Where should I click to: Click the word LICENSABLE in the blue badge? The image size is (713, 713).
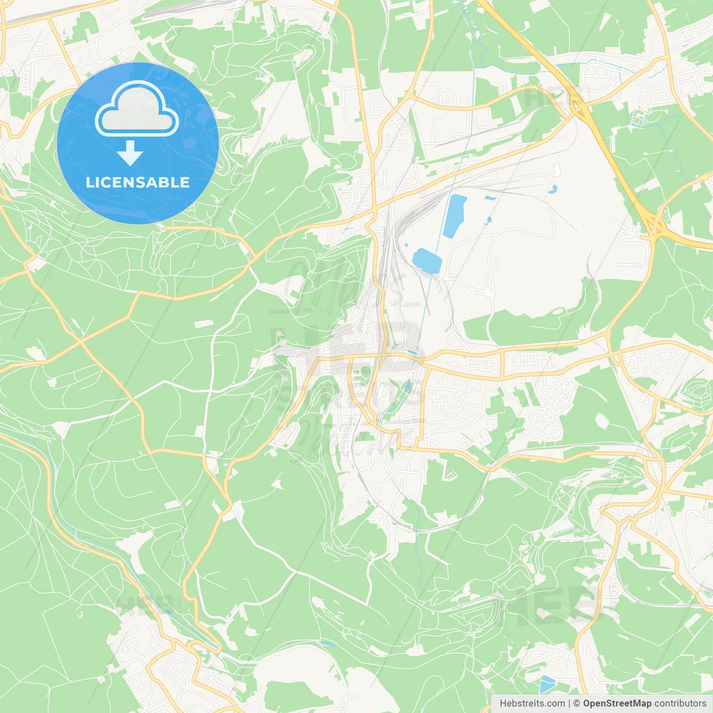[138, 182]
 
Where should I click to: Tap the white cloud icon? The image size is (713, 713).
[137, 110]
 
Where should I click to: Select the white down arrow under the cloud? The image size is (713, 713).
[130, 153]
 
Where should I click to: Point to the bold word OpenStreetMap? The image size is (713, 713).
[617, 704]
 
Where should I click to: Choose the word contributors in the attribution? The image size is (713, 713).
[680, 704]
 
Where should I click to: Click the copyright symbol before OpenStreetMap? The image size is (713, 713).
[577, 704]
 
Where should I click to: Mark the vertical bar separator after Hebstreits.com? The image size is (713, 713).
[569, 704]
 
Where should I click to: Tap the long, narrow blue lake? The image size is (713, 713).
[455, 216]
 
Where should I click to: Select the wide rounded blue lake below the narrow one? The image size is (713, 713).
[427, 260]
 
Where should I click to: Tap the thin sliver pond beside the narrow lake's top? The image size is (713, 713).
[490, 197]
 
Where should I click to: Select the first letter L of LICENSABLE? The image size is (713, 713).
[89, 182]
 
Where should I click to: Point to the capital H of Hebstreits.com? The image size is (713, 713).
[503, 704]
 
